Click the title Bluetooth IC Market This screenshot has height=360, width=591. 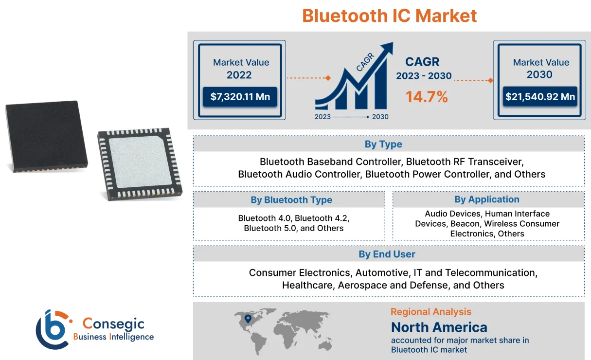(x=389, y=16)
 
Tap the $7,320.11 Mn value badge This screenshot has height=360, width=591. (x=239, y=97)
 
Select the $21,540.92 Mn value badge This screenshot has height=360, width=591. (x=540, y=97)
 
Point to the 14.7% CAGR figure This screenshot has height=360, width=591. (x=427, y=96)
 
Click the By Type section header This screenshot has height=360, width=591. (x=383, y=144)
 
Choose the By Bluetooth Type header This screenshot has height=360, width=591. (x=291, y=200)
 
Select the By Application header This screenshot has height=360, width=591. (x=487, y=199)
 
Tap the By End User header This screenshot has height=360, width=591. (x=387, y=254)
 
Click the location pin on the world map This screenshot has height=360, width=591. (x=248, y=319)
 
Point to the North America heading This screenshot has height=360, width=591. (x=439, y=327)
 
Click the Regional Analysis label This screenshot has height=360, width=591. (x=430, y=312)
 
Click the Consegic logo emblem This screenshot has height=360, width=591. (x=53, y=329)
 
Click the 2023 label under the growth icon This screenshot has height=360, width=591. (x=322, y=117)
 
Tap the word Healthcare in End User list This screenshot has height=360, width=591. (x=307, y=285)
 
